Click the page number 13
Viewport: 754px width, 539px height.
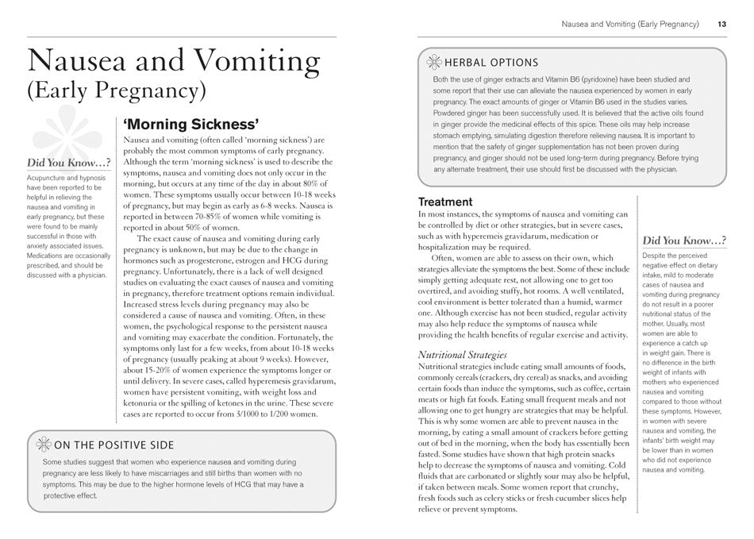(x=721, y=25)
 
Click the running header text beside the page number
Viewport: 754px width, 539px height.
(x=630, y=25)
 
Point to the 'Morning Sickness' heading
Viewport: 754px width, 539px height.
(x=190, y=125)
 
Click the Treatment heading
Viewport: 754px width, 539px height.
(x=445, y=202)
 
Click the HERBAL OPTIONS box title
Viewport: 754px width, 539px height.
(x=491, y=63)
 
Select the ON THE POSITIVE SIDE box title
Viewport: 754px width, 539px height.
(x=113, y=445)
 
